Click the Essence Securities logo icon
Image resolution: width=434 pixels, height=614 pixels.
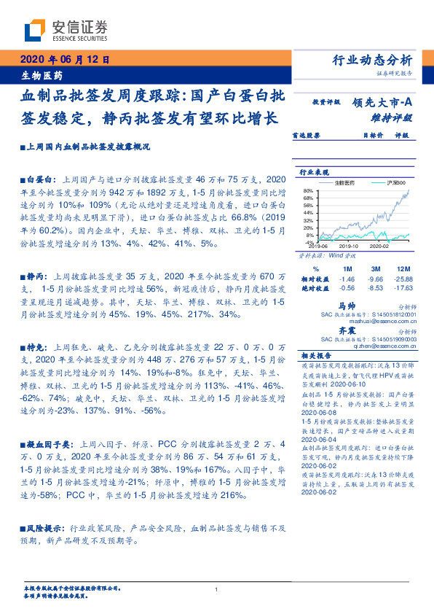pos(36,30)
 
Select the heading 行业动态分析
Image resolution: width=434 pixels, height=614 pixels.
pos(372,61)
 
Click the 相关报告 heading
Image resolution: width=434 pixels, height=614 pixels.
pos(312,356)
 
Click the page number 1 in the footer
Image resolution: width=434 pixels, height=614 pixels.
pos(217,590)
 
